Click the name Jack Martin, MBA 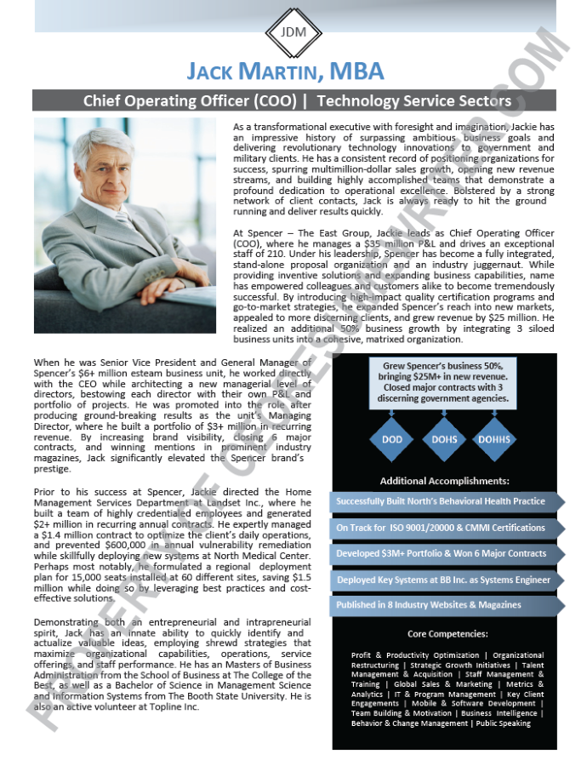pos(285,71)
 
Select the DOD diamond pos(391,440)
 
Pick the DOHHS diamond pos(494,440)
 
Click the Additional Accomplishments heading pos(445,481)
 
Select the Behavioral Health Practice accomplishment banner pos(441,501)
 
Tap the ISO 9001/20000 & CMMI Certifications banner pos(441,528)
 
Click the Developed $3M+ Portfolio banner pos(441,553)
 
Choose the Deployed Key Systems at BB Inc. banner pos(441,580)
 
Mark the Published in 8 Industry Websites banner pos(429,605)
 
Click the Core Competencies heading pos(447,634)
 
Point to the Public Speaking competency pos(504,723)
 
